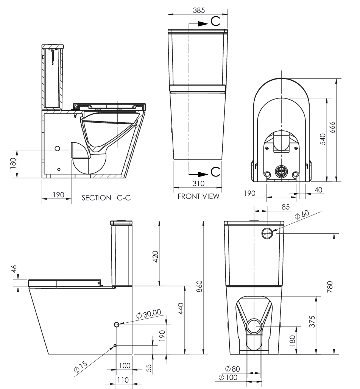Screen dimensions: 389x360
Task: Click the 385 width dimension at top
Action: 198,11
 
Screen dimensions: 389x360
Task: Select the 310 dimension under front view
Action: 197,183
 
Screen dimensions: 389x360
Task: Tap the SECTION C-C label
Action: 106,198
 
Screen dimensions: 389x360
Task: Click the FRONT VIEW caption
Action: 198,196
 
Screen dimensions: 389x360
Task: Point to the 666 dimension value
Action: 343,130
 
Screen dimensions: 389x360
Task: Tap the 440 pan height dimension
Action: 181,311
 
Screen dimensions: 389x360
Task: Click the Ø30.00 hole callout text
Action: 148,314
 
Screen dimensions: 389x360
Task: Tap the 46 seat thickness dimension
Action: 14,270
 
